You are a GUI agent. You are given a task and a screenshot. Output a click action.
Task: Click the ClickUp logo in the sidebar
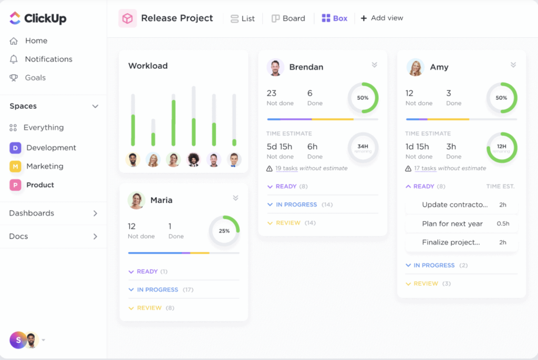tap(38, 18)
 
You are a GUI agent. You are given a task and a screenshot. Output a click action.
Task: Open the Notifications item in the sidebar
tap(48, 59)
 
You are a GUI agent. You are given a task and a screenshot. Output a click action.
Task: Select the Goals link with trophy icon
tap(35, 78)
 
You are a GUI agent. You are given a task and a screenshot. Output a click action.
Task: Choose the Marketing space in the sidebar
tap(45, 167)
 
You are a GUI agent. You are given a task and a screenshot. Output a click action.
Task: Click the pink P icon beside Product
tap(15, 185)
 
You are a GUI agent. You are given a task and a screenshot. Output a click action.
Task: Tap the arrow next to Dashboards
tap(95, 213)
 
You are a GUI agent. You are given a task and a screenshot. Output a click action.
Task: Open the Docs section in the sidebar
tap(18, 236)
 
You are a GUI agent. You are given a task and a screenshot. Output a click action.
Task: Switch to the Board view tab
tap(288, 18)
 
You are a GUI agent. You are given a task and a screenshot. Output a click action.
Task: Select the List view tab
tap(243, 18)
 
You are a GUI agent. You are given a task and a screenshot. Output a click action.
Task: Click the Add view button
tap(382, 18)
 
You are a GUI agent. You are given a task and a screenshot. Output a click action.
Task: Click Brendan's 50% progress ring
tap(363, 98)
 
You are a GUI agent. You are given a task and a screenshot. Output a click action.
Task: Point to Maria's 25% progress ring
tap(224, 231)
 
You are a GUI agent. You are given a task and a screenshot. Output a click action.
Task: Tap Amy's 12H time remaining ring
tap(502, 148)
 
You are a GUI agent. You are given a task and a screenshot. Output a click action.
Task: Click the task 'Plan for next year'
tap(452, 224)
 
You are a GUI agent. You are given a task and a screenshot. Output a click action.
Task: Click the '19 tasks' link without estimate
tap(286, 168)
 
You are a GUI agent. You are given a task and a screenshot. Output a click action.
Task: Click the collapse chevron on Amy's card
tap(513, 65)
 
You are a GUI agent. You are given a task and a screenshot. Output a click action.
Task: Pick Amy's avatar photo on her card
tap(416, 67)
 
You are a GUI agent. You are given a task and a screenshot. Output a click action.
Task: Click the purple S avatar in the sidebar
tap(18, 340)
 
